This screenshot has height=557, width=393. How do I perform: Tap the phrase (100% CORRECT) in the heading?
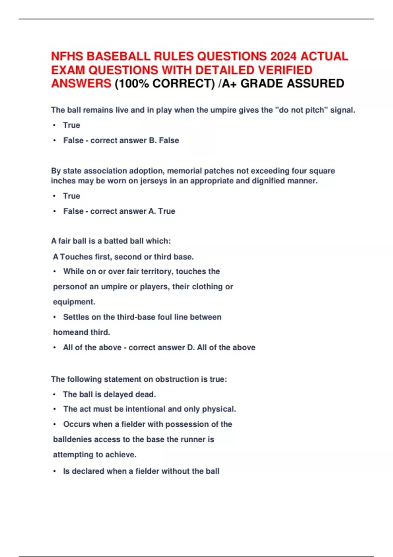click(x=165, y=84)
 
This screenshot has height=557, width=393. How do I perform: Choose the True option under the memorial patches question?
click(x=71, y=196)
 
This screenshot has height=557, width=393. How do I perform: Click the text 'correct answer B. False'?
click(x=135, y=141)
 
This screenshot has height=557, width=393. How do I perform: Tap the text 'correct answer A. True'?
click(x=133, y=211)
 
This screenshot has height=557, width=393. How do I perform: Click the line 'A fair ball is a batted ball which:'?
click(x=111, y=241)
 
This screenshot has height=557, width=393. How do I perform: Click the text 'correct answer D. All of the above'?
click(x=192, y=348)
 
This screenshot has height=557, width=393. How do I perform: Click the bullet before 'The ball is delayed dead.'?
click(x=54, y=394)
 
